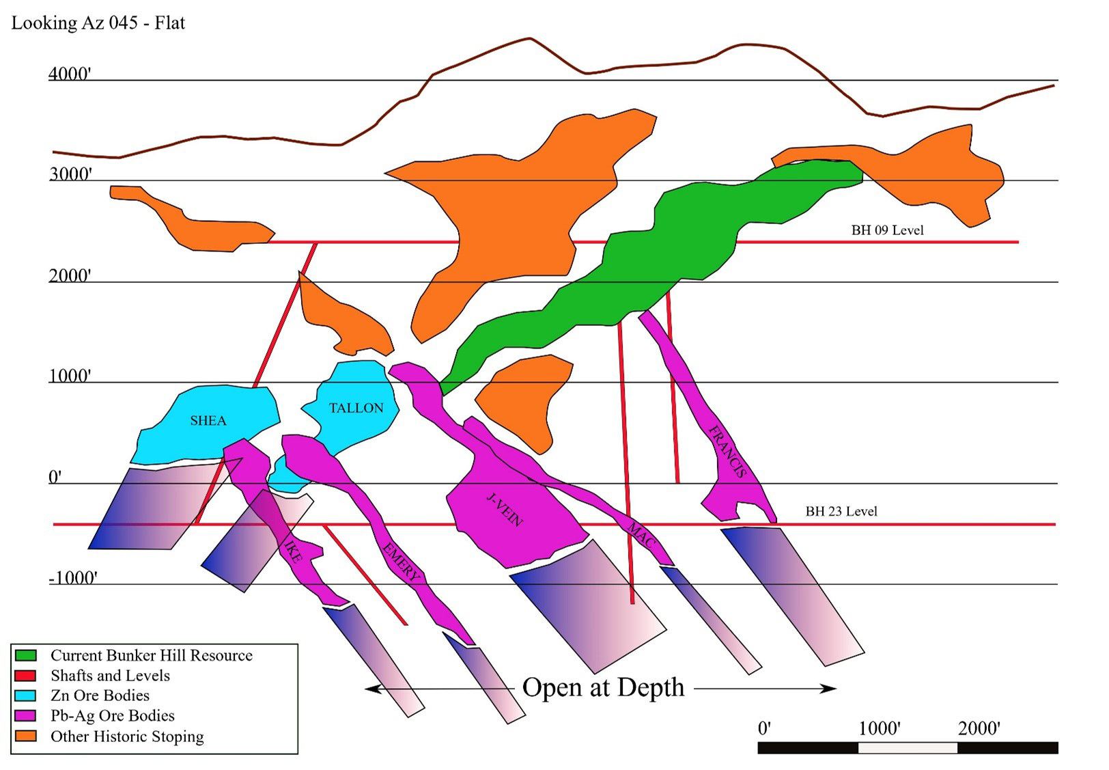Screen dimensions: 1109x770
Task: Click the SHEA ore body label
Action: [208, 421]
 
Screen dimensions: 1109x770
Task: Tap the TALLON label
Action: [356, 408]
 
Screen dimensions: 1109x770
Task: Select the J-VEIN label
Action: [505, 510]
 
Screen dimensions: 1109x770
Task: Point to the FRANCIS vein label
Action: [727, 452]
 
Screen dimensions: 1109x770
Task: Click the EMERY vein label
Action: [402, 562]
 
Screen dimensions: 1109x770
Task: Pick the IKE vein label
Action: [292, 551]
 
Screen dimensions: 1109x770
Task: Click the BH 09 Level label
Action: [887, 230]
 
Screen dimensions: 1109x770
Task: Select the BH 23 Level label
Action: [841, 511]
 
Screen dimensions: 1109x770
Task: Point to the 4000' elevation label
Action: [70, 74]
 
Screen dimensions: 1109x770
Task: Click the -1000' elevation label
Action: [73, 578]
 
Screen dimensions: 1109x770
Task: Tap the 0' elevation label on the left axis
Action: [55, 477]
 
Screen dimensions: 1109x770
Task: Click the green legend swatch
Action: [25, 655]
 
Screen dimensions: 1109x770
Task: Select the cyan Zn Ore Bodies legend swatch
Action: [25, 695]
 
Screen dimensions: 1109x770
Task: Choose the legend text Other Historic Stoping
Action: [127, 737]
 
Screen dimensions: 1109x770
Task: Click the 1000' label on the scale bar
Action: [880, 728]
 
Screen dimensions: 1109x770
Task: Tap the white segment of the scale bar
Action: [908, 747]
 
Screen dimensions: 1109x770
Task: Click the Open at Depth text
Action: [604, 688]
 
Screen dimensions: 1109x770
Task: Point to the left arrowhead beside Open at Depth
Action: [372, 689]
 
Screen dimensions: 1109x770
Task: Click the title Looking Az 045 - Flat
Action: [98, 23]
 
